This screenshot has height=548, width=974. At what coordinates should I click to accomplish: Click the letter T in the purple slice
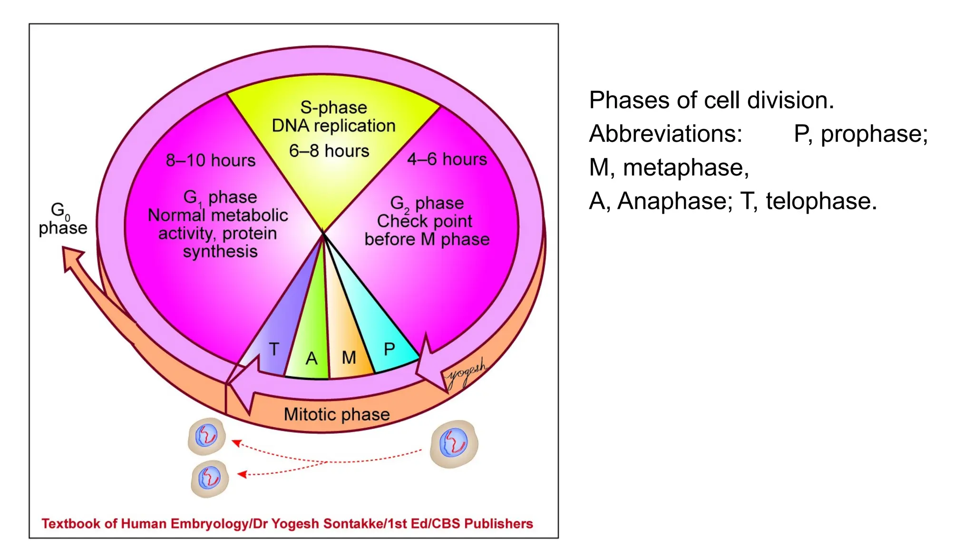tap(274, 349)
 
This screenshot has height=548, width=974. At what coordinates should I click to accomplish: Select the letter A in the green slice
tap(312, 358)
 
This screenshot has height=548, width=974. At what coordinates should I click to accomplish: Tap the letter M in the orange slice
tap(349, 357)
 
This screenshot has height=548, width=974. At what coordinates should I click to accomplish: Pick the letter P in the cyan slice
tap(389, 349)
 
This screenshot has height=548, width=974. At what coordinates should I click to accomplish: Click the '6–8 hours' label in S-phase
tap(329, 151)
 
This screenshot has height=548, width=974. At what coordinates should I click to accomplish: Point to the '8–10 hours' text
tap(211, 160)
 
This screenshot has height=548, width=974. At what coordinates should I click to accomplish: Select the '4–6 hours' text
tap(447, 159)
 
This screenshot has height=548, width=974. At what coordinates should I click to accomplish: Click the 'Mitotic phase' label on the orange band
tap(337, 414)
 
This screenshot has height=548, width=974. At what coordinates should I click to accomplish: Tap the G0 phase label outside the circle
tap(63, 219)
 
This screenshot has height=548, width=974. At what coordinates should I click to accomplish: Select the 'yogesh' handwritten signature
tap(466, 373)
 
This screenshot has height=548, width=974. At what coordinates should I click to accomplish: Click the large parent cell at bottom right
tap(454, 443)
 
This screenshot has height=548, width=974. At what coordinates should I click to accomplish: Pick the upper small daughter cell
tap(206, 436)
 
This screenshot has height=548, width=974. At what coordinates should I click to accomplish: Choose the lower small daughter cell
tap(210, 478)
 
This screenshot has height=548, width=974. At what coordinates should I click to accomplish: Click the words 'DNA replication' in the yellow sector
tap(333, 126)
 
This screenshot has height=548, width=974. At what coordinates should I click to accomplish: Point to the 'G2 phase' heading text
tap(427, 203)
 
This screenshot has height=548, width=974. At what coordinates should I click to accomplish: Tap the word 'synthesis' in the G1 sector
tap(220, 251)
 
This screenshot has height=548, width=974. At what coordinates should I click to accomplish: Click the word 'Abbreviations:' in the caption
tap(665, 134)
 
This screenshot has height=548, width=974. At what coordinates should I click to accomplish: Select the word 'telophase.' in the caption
tap(821, 201)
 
